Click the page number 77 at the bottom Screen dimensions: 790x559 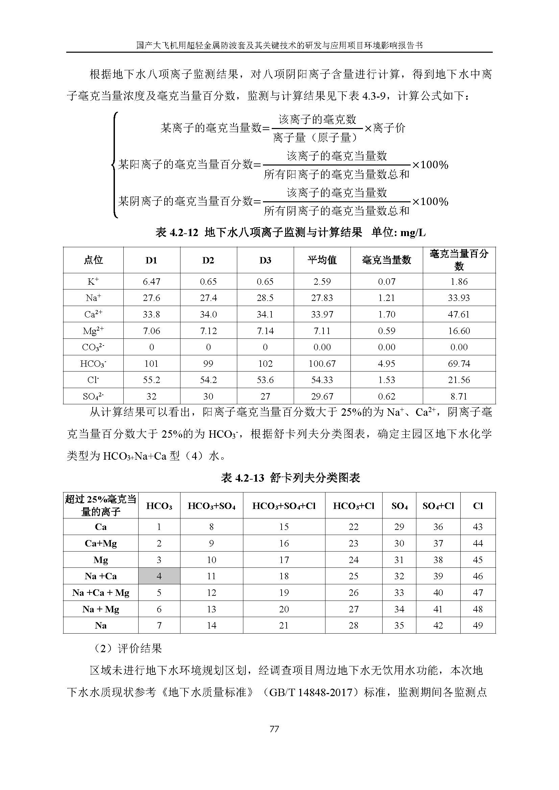274,729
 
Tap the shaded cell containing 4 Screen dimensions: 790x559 159,576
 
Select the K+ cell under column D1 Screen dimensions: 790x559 151,281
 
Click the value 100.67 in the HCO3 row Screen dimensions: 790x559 322,363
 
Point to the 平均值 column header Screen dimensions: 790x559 322,260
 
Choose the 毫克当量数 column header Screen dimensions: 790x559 386,260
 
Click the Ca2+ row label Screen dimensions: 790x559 93,314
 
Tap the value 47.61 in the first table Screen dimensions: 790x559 459,314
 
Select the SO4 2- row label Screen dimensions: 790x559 93,397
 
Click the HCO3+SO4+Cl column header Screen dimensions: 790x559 284,506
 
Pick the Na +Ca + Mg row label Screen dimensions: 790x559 100,592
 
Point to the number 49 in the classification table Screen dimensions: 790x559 478,625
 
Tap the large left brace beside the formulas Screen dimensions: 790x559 115,165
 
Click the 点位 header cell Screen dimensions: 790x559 93,260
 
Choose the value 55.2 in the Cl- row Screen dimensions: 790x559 151,380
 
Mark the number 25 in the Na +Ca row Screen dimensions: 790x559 354,576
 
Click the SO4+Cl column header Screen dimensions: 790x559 438,506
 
